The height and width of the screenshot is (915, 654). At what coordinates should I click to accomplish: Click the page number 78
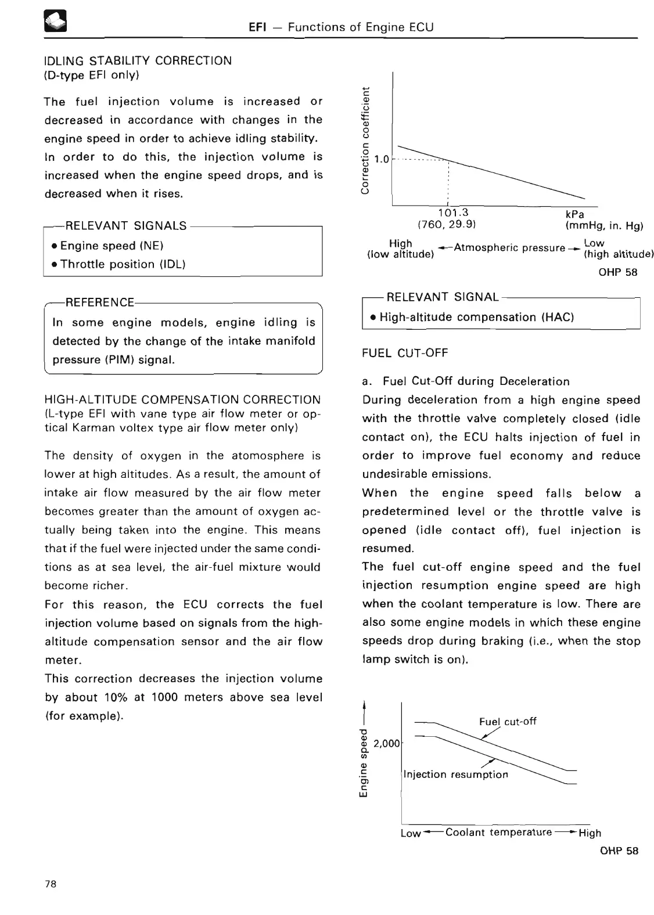coord(51,884)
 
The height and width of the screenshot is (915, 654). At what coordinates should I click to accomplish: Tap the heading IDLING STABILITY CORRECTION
coord(138,60)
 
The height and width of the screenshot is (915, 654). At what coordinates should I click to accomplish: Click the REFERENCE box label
coord(100,302)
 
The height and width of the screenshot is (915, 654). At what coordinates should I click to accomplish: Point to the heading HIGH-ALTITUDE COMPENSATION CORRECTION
coord(182,399)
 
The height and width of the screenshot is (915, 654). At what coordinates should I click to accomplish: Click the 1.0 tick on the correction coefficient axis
coord(382,159)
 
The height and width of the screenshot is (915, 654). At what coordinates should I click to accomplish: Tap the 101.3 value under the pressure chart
coord(454,212)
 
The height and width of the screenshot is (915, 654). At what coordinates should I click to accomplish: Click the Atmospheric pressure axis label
coord(509,248)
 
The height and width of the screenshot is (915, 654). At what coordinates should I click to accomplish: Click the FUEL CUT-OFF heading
coord(405,353)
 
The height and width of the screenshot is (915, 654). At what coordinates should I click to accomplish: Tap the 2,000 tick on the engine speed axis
coord(387,743)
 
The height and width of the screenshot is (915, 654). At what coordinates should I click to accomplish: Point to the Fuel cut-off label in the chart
coord(507,721)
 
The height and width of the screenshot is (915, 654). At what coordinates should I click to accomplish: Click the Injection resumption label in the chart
coord(455,774)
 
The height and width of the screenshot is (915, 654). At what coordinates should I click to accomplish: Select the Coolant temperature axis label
coord(498,832)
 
